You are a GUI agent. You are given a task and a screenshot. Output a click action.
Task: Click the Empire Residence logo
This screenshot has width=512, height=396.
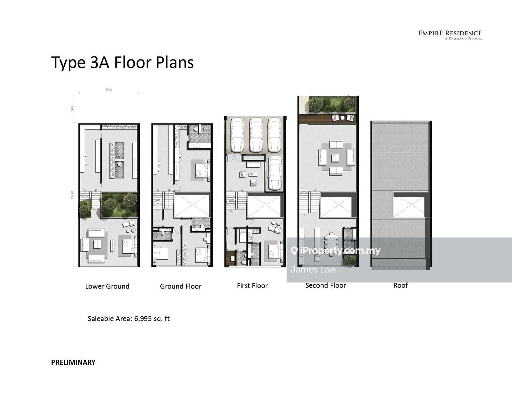click(x=450, y=35)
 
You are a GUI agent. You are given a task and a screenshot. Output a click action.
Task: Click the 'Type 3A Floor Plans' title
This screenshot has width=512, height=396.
click(x=122, y=63)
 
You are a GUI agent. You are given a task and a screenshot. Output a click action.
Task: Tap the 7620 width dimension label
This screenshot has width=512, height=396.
click(x=108, y=90)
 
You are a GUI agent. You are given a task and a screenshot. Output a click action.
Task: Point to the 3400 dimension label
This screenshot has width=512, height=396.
click(x=72, y=109)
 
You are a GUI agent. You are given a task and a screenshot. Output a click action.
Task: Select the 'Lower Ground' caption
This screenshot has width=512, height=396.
click(x=107, y=286)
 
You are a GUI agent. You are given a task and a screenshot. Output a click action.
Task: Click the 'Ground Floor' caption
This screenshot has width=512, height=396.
click(x=180, y=286)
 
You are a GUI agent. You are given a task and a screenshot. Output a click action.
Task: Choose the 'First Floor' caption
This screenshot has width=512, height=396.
click(x=252, y=286)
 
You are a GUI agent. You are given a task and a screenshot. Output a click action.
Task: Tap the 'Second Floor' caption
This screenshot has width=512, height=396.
click(x=325, y=285)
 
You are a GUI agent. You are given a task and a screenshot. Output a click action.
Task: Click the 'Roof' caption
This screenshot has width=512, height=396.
click(x=400, y=285)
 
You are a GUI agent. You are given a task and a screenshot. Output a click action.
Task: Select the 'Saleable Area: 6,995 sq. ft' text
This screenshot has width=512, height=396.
click(x=128, y=319)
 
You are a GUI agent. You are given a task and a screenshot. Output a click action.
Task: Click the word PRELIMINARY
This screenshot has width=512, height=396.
click(x=73, y=363)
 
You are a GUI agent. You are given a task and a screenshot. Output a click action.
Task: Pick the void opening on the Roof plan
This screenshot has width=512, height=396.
click(x=409, y=205)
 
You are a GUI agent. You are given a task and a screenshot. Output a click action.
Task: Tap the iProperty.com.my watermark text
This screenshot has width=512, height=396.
click(x=340, y=251)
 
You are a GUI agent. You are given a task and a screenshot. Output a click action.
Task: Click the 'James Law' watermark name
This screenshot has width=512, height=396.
click(x=313, y=269)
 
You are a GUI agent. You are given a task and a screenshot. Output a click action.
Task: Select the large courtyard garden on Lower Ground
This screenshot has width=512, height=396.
click(x=119, y=205)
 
